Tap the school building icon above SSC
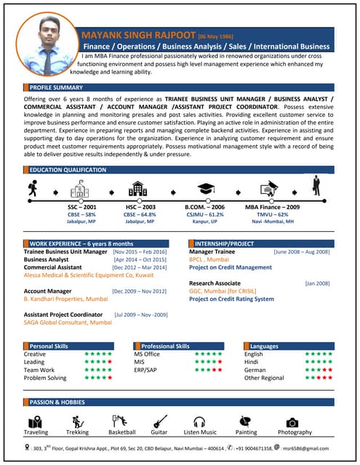pyautogui.click(x=79, y=190)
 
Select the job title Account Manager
pyautogui.click(x=47, y=291)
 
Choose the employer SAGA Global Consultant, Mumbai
pyautogui.click(x=68, y=322)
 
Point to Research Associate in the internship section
pyautogui.click(x=215, y=283)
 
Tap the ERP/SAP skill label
pyautogui.click(x=147, y=370)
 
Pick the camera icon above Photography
pyautogui.click(x=293, y=421)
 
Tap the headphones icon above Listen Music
pyautogui.click(x=199, y=421)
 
